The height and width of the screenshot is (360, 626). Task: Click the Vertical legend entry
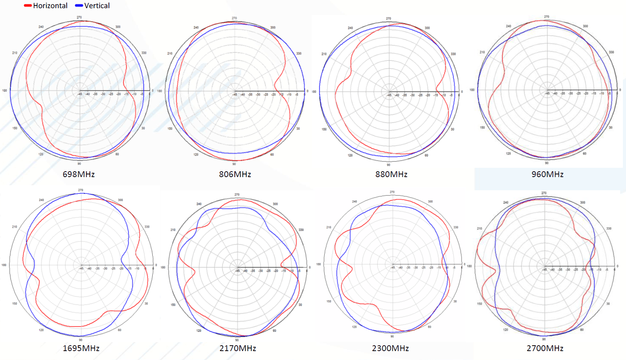(x=93, y=6)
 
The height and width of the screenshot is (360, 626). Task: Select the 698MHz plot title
(x=79, y=174)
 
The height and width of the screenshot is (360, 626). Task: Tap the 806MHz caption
(x=235, y=174)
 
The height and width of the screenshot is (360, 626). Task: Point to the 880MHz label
(x=391, y=174)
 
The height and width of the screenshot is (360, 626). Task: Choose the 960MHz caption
(x=547, y=174)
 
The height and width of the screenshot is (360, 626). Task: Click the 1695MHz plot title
(x=81, y=348)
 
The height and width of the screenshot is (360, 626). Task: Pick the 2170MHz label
(x=237, y=348)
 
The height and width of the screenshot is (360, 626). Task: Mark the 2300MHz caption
(x=390, y=348)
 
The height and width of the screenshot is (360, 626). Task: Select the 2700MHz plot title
(x=545, y=348)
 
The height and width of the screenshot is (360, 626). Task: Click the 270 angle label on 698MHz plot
(x=79, y=17)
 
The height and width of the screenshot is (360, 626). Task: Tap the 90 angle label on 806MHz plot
(x=234, y=164)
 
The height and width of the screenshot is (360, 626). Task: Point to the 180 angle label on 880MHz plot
(x=314, y=92)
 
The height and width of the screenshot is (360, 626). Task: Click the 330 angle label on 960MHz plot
(x=611, y=52)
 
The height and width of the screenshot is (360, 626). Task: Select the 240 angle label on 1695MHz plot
(x=41, y=200)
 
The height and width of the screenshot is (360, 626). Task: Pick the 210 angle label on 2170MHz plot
(x=173, y=230)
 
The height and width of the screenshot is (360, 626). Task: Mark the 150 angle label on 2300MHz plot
(x=329, y=301)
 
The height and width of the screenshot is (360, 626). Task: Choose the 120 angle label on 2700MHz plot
(x=506, y=329)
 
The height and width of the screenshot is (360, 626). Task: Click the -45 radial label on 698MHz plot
(x=80, y=94)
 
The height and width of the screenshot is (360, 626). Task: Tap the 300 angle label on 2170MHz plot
(x=275, y=204)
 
